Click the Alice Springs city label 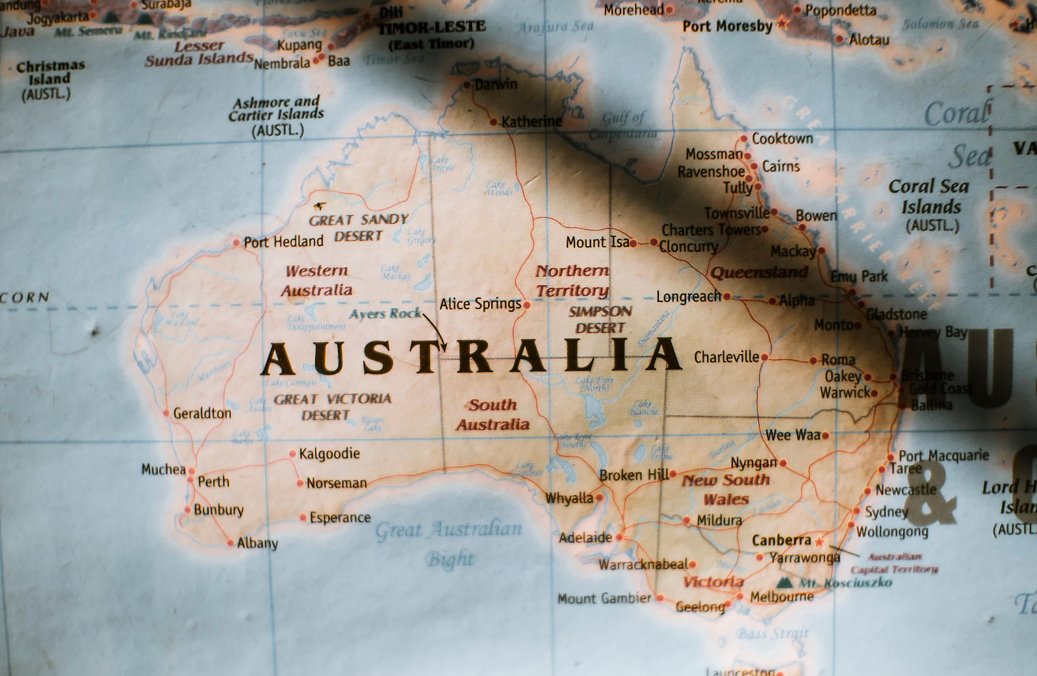coord(480,304)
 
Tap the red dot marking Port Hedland coord(237,243)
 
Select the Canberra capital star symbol coord(819,540)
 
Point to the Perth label coord(214,482)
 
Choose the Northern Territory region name coord(572,281)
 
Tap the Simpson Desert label coord(600,319)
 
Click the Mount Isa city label coord(597,242)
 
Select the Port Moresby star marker coord(782,25)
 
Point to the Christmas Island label coord(49,79)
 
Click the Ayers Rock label coord(385,314)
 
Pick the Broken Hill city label coord(634,475)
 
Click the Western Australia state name coord(317,281)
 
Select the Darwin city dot coord(467,85)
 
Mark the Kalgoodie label coord(329,453)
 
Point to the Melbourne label coord(782,597)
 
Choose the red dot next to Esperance coord(303,518)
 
